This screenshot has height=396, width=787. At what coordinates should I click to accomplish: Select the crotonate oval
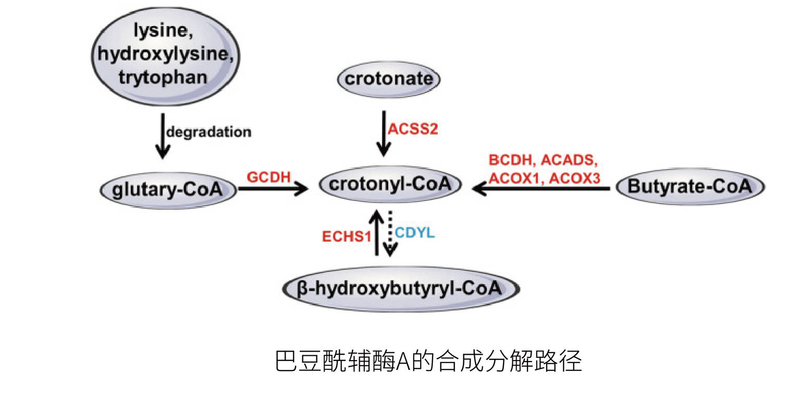(x=389, y=80)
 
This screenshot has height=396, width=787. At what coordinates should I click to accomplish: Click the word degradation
(x=208, y=131)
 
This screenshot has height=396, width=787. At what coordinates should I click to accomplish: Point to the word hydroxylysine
(x=163, y=54)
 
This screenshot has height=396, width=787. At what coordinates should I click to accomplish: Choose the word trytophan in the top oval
(x=163, y=77)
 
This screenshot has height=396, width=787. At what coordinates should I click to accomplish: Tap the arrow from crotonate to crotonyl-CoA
(x=384, y=133)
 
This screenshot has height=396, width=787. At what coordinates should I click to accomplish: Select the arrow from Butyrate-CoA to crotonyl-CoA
(x=542, y=190)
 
